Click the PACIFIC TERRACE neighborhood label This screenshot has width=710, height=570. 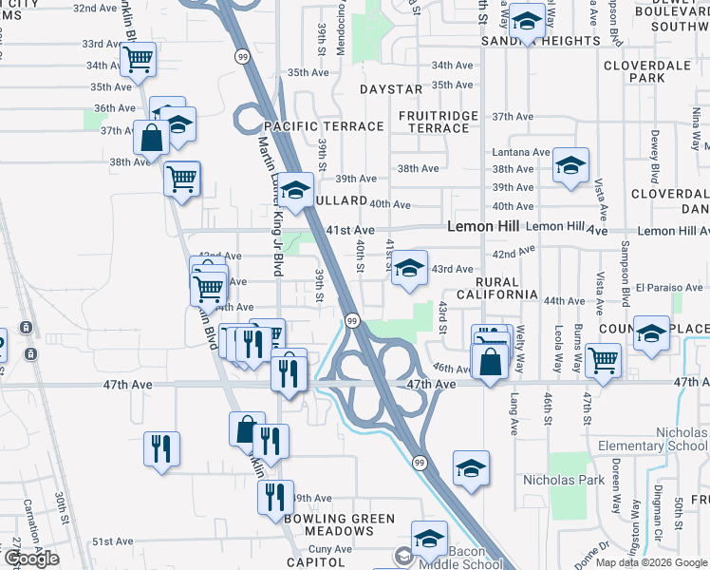click(324, 126)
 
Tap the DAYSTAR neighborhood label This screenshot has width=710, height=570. click(390, 89)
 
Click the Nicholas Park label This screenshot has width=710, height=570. click(564, 480)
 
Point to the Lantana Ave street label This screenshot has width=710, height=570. click(521, 152)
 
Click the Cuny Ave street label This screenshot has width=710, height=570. click(329, 548)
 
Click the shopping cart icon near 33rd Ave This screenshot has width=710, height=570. click(139, 61)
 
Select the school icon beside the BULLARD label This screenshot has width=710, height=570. click(296, 189)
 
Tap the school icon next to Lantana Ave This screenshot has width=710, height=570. click(570, 164)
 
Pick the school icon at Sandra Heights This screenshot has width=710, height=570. click(525, 19)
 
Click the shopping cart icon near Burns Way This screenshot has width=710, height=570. click(603, 359)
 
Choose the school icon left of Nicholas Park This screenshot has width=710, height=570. click(471, 467)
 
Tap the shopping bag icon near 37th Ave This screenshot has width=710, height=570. click(151, 138)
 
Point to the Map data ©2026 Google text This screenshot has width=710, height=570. click(650, 562)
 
